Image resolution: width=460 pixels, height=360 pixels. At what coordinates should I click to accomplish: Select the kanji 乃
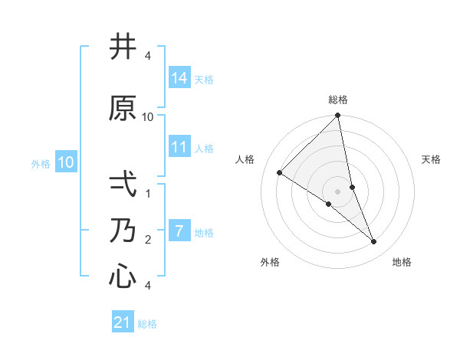pos(123,230)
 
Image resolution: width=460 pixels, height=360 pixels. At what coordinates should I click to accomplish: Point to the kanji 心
pos(123,276)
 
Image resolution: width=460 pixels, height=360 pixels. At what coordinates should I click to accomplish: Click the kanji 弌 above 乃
pos(123,184)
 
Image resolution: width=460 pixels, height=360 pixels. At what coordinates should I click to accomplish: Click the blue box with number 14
pos(179,78)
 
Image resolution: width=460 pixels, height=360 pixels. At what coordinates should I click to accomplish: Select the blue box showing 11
pos(179,147)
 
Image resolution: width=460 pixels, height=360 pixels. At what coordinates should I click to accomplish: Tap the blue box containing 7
pos(179,231)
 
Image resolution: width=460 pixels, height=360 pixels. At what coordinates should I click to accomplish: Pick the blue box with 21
pos(123,322)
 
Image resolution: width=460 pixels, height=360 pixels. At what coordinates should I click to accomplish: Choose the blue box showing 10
pos(66,162)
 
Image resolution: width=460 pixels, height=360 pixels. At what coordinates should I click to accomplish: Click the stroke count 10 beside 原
pos(148,116)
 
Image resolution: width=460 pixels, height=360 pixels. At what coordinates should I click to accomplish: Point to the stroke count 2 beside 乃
pos(148,239)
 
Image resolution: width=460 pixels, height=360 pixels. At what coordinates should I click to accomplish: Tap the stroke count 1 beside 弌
pos(148,193)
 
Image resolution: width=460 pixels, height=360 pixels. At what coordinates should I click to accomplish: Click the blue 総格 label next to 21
pos(147,324)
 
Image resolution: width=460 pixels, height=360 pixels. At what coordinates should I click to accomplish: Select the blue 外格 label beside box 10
pos(41,163)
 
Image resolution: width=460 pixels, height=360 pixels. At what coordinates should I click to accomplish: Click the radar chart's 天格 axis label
pos(432,159)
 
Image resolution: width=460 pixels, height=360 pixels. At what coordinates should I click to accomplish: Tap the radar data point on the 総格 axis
pos(337,116)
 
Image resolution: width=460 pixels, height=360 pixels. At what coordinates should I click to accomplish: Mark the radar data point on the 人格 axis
pos(280,173)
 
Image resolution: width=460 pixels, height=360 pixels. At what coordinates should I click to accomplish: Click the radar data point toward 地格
pos(374,242)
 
